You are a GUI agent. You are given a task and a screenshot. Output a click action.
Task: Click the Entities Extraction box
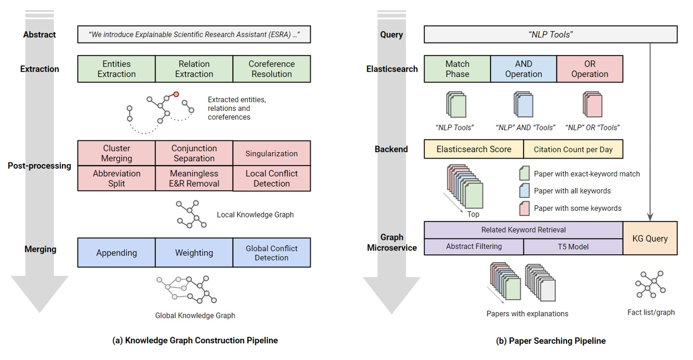pos(116,69)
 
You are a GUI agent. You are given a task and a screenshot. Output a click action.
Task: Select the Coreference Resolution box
pos(272,69)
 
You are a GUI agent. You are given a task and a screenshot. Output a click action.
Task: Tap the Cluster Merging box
pos(116,153)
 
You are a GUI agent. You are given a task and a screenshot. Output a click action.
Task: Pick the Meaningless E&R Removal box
pos(194,178)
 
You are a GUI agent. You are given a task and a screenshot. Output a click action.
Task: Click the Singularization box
pos(272,153)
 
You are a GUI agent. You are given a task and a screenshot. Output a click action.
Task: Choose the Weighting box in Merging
pos(194,253)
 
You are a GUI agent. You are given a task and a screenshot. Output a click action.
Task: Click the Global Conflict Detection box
pos(272,253)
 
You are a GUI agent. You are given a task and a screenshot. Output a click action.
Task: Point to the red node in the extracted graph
pos(176,94)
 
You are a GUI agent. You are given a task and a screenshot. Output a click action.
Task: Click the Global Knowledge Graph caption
pos(195,316)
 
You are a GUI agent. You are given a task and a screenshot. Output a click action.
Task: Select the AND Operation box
pos(523,69)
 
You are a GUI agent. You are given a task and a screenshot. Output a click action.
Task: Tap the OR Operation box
pos(590,69)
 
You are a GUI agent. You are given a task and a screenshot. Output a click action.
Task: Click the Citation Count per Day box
pos(573,150)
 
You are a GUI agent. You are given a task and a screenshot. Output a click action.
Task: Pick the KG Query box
pos(650,239)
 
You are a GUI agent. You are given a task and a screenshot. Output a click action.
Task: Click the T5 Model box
pos(573,247)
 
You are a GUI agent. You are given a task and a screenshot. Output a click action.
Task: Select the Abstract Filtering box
pos(474,247)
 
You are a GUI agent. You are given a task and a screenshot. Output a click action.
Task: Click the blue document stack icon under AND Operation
pos(523,105)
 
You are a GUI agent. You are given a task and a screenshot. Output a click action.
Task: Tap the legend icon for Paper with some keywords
pos(524,208)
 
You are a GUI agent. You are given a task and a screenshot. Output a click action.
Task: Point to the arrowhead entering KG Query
pos(650,217)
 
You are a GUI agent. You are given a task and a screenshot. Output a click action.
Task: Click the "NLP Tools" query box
pos(550,34)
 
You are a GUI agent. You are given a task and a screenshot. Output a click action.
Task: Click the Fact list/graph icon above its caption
pos(650,285)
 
